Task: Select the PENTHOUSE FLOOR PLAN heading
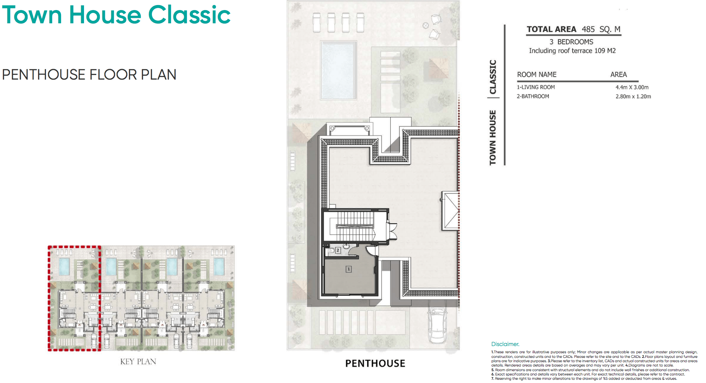(x=89, y=75)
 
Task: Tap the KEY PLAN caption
(x=138, y=361)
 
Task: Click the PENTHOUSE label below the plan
(x=375, y=363)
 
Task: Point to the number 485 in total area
(x=588, y=29)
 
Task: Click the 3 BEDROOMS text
(x=571, y=42)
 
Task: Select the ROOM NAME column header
(x=537, y=75)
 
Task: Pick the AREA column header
(x=618, y=75)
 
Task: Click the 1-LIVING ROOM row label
(x=535, y=87)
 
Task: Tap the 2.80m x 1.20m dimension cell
(x=633, y=96)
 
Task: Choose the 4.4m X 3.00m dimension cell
(x=632, y=87)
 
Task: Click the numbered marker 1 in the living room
(x=348, y=269)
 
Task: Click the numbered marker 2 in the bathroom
(x=338, y=250)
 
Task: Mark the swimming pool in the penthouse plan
(x=338, y=70)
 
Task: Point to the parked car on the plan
(x=437, y=325)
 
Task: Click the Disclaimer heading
(x=505, y=344)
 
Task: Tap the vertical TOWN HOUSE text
(x=493, y=138)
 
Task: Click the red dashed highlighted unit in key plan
(x=74, y=298)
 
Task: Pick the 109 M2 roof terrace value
(x=605, y=51)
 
